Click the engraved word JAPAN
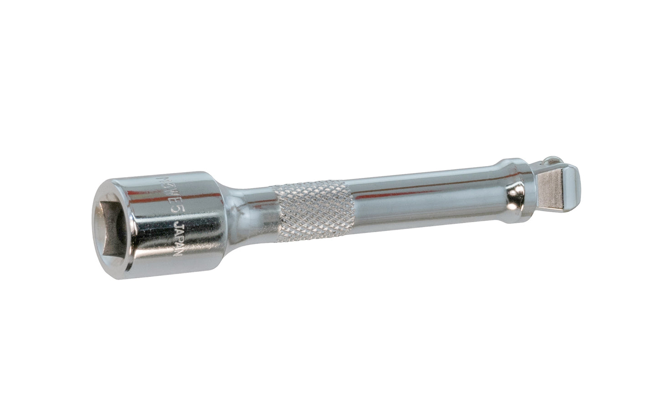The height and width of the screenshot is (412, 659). point(176,241)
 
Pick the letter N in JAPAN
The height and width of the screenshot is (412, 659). point(177,256)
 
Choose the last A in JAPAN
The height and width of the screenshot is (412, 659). point(177,249)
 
